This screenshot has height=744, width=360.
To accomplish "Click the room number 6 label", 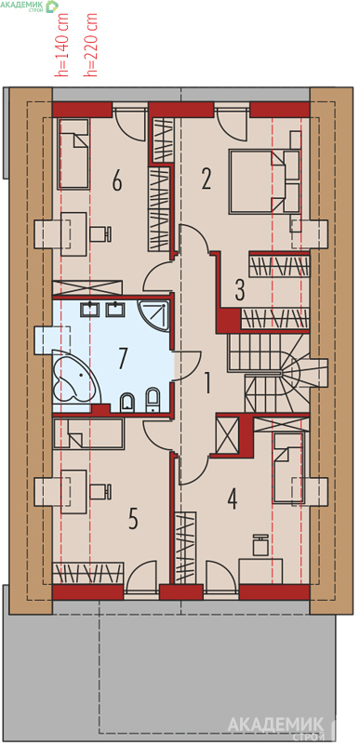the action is tap(117, 180).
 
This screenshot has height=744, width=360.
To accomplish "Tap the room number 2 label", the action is tap(206, 179).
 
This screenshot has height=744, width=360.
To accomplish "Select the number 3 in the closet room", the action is tap(240, 290).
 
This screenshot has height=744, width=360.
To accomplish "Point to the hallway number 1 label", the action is tap(207, 383).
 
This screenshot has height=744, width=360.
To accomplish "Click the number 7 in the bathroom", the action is tap(123, 358).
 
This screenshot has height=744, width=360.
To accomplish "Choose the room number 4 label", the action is tap(232, 498).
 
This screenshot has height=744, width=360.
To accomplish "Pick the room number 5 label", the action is tap(133, 519).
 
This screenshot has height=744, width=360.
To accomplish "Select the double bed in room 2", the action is tap(265, 180).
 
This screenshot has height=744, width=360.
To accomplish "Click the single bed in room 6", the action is tap(74, 153).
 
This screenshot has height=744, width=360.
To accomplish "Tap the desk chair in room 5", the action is tap(100, 491).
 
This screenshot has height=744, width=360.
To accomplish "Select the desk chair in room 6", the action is tap(100, 233).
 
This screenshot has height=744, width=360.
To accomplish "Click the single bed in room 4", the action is tap(287, 468).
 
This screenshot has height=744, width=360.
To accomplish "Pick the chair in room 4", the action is tap(260, 545).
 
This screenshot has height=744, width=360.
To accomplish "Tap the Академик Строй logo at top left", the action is tap(30, 7).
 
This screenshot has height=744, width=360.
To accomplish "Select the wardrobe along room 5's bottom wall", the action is tap(87, 573).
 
